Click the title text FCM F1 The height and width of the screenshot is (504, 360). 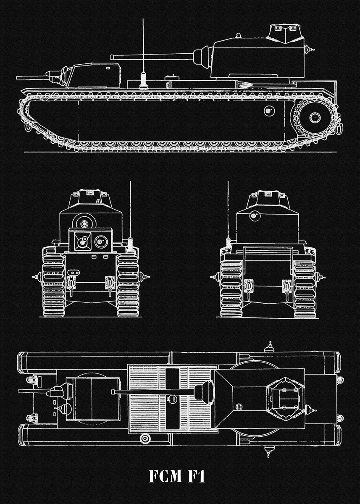coord(177,476)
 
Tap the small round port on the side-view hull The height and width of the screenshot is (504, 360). coord(268,111)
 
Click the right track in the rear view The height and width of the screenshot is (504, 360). coord(304,288)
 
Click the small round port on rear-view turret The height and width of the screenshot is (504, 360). coord(253,216)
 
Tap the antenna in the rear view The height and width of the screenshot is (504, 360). coord(228,214)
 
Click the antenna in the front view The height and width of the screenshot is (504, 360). coord(130,214)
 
